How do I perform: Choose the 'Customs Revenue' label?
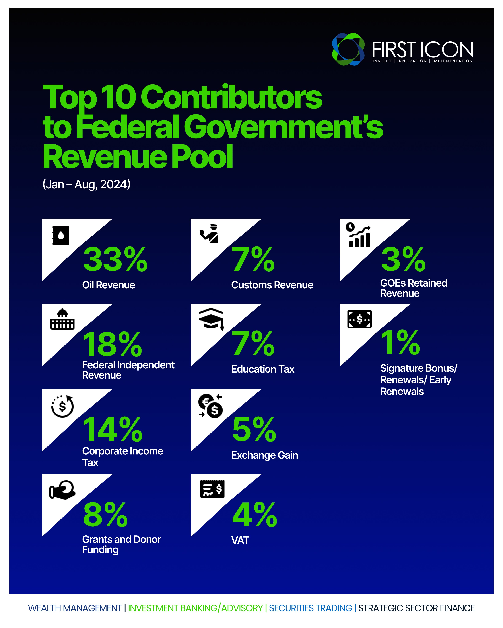[x=272, y=285]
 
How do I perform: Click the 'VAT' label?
[x=240, y=540]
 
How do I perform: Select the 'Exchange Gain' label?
[x=264, y=455]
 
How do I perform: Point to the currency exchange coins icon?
[x=211, y=406]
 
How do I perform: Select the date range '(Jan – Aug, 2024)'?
[x=86, y=184]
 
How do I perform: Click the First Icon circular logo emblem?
[x=348, y=49]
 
